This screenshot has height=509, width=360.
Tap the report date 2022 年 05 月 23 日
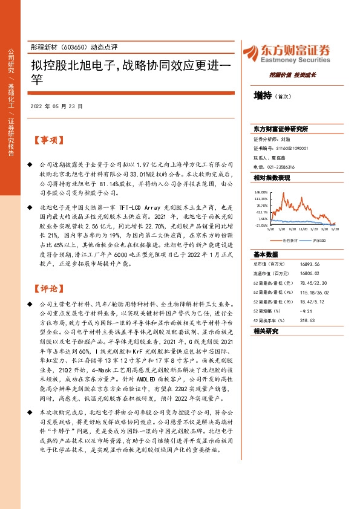pyautogui.click(x=56, y=106)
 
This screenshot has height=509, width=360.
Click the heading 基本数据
pyautogui.click(x=266, y=238)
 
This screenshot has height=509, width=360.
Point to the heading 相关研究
pyautogui.click(x=266, y=331)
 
